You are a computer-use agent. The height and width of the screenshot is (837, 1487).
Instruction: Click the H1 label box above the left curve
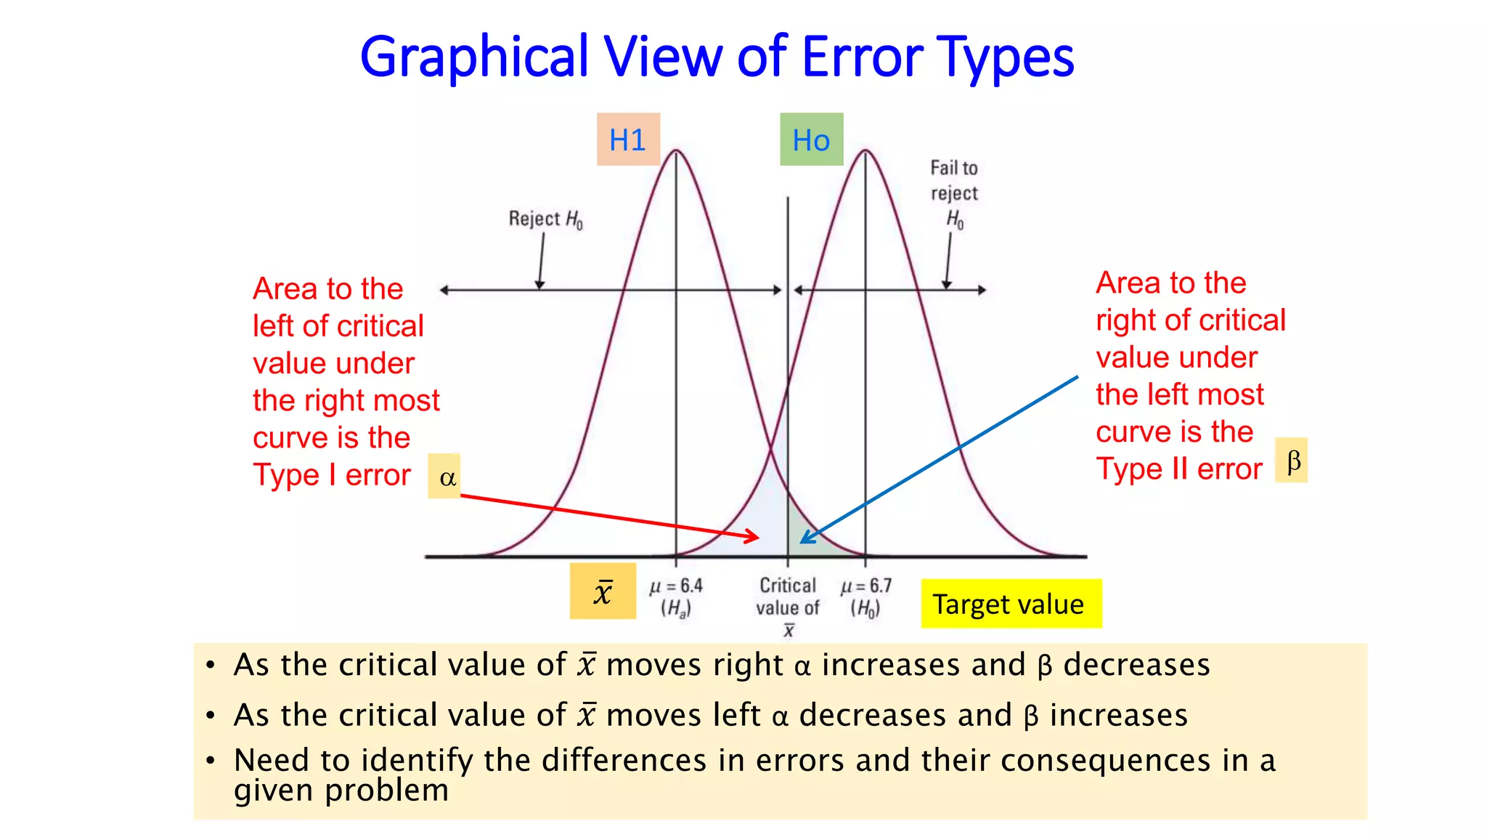628,139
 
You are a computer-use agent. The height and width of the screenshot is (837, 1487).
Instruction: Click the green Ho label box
811,139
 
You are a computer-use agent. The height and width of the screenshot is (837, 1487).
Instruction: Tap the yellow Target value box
1011,604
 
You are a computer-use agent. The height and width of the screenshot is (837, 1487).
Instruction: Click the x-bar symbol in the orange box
603,591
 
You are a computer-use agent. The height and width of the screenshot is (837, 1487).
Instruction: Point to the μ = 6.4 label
676,586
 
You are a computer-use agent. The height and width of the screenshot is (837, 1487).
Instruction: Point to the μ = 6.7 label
865,586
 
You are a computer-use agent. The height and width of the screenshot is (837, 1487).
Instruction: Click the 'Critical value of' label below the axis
788,597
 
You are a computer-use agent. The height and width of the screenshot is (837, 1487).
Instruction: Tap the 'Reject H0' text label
545,219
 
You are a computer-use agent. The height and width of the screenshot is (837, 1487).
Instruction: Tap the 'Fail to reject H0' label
954,193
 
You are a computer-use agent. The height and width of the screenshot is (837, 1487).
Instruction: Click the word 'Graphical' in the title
474,58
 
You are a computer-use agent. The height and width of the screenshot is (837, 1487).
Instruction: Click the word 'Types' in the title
1005,58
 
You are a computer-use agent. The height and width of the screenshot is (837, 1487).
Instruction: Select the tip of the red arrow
758,538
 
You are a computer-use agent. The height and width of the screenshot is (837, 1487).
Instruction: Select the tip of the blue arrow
802,542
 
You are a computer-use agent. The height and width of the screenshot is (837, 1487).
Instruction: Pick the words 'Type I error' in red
332,475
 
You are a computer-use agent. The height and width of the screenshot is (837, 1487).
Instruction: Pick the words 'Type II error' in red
1179,469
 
